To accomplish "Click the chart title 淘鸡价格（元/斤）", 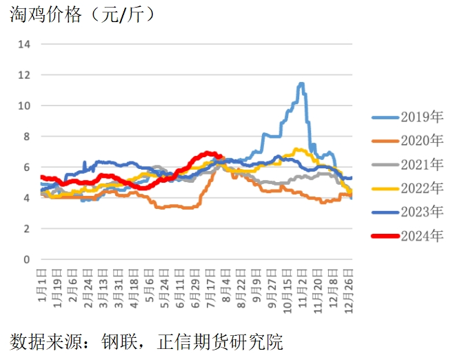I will tap(82, 14).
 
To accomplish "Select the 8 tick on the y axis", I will tap(26, 137).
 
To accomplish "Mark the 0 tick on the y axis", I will tap(26, 260).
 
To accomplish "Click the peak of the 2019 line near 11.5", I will tap(301, 84).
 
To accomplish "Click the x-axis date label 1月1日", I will tap(43, 290).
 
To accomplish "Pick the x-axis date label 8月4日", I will tap(225, 290).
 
